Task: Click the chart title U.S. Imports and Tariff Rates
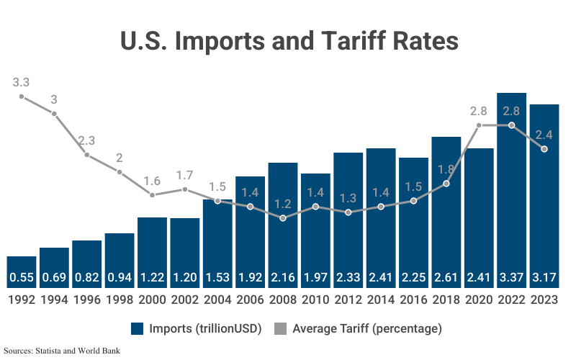[x=288, y=40]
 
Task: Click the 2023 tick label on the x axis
[x=544, y=299]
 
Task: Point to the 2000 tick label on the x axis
[x=152, y=299]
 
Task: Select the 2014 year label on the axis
[x=381, y=299]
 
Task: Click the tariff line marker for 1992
[x=22, y=96]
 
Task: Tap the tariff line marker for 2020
[x=479, y=125]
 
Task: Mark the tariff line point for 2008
[x=283, y=217]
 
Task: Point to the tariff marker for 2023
[x=544, y=149]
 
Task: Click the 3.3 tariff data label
[x=22, y=82]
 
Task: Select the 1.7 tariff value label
[x=184, y=175]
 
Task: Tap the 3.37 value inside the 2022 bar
[x=511, y=277]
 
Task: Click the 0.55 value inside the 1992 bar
[x=22, y=277]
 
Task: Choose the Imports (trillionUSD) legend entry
[x=197, y=328]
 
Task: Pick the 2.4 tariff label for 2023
[x=544, y=135]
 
